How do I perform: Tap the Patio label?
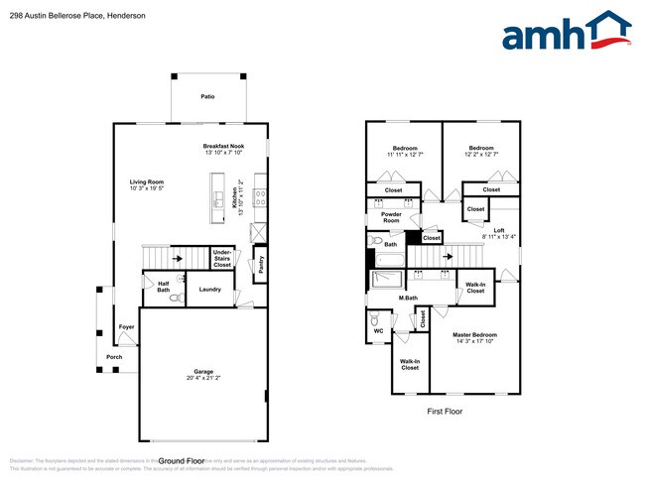207,97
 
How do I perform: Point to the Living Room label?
146,181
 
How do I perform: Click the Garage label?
203,372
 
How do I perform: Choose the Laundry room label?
209,290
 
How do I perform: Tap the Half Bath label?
163,285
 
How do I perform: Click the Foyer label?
127,327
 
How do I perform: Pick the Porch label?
114,357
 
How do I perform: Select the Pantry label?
261,265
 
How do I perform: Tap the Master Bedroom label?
474,335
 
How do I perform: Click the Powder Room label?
391,217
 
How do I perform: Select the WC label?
378,331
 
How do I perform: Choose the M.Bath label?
407,298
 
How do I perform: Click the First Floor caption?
445,412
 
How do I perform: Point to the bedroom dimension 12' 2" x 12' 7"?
480,155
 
